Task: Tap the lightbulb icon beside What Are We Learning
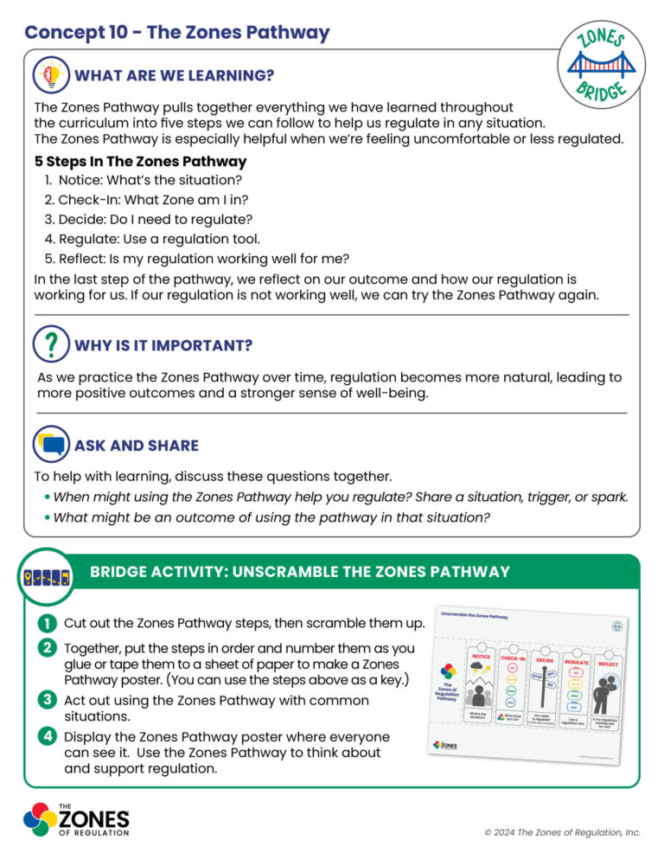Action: pos(50,75)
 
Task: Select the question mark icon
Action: pos(50,344)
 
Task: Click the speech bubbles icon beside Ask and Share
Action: pos(50,445)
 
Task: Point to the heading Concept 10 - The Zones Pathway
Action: pos(177,33)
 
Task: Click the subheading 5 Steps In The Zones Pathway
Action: pos(140,162)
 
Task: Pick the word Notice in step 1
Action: pos(77,180)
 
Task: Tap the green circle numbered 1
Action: pos(45,623)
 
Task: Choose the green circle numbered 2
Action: pos(45,648)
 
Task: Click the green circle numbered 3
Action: pos(45,700)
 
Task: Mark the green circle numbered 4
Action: pos(45,736)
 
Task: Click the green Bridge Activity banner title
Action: pos(300,572)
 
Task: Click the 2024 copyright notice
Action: pos(562,832)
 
